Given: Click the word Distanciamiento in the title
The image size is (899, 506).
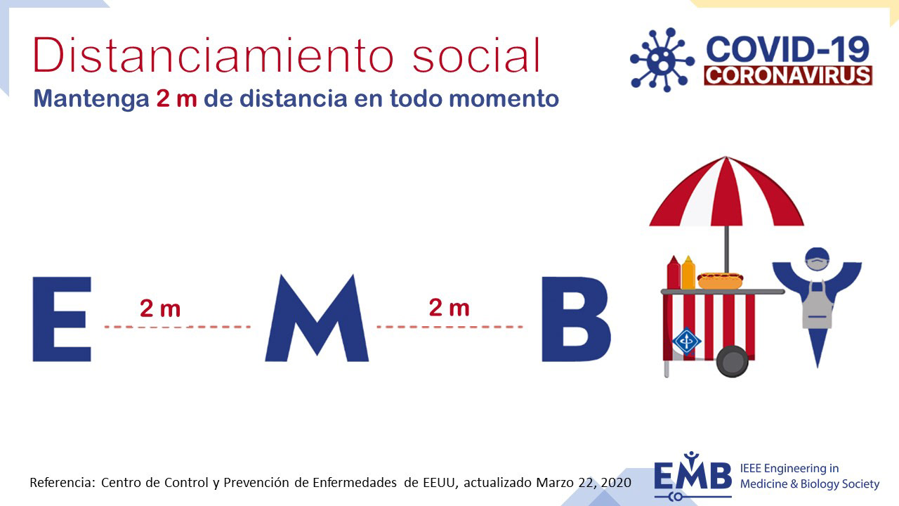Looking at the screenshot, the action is (x=213, y=55).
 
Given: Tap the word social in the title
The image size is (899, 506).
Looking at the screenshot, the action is (x=476, y=55).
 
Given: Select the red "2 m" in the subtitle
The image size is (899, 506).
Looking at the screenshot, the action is (x=176, y=99).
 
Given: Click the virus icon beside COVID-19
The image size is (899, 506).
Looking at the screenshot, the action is (x=662, y=60).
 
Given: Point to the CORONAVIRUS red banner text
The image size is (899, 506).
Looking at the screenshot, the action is (x=788, y=75).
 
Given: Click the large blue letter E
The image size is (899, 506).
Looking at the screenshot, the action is (x=62, y=319).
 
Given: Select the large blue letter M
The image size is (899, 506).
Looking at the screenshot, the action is (x=317, y=318).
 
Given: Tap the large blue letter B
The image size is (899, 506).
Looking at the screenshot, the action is (x=577, y=319).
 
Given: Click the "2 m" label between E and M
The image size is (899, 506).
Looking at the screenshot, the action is (x=160, y=309).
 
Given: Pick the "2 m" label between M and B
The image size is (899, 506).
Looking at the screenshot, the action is (x=449, y=308).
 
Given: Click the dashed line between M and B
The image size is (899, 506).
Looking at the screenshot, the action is (x=450, y=327).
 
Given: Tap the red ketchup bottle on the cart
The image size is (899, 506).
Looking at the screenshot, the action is (x=674, y=273).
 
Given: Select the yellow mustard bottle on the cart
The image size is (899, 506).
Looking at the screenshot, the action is (x=688, y=273).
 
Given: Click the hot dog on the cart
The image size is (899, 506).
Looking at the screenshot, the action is (x=721, y=280).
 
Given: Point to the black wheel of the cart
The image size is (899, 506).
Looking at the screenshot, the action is (x=733, y=361).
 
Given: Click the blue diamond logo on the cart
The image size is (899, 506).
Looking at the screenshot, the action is (x=687, y=342).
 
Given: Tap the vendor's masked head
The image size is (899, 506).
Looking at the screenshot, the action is (x=817, y=259).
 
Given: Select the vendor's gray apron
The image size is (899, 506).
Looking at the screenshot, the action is (x=817, y=305).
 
